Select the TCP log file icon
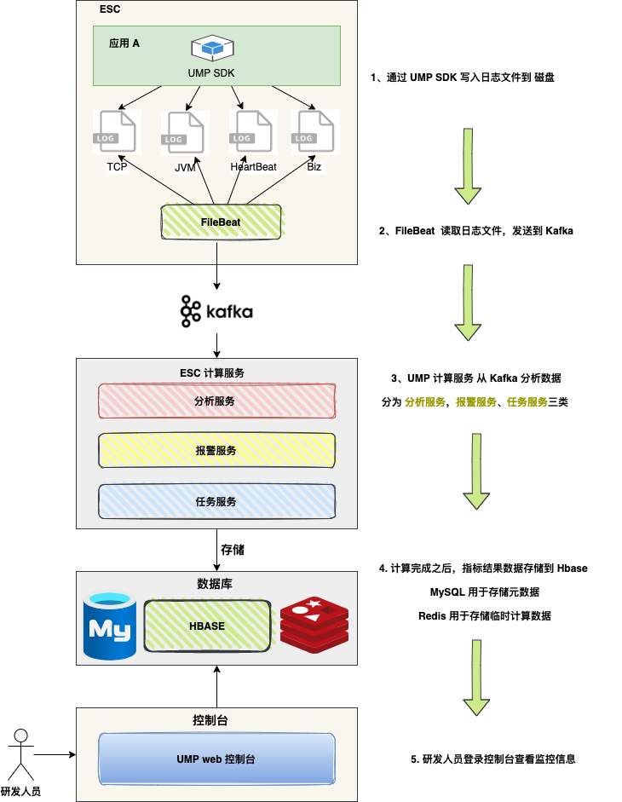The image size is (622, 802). tap(116, 132)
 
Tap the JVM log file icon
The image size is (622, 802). tap(184, 133)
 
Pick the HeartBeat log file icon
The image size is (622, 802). tap(252, 132)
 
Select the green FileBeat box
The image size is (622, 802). tap(221, 222)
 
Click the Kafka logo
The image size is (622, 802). tap(216, 312)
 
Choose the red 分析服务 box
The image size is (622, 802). tap(216, 401)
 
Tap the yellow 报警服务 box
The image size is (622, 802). tap(216, 450)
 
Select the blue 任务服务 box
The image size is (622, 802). tap(216, 501)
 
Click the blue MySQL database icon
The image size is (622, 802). tap(110, 626)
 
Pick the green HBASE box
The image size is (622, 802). tap(207, 626)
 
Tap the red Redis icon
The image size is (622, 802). tap(314, 625)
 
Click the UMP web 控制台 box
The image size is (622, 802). tap(216, 758)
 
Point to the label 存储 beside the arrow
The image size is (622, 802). tap(233, 550)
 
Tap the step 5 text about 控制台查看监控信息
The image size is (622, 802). tap(498, 759)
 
